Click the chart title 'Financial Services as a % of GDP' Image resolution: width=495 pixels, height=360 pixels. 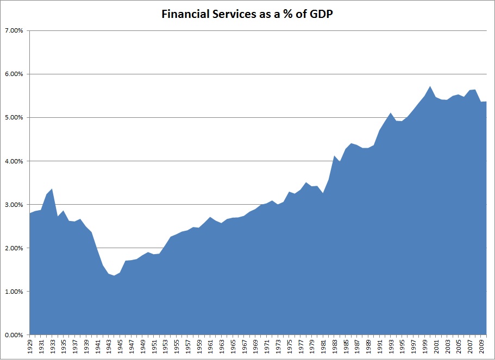coord(247,15)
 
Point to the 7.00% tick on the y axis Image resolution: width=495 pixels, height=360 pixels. coord(13,30)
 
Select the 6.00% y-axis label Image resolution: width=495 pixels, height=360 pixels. coord(13,74)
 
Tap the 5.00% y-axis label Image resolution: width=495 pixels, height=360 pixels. coord(13,117)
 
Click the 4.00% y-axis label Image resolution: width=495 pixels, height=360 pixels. coord(13,161)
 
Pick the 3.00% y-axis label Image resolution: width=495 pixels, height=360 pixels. coord(13,205)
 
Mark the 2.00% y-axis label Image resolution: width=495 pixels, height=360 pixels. coord(13,248)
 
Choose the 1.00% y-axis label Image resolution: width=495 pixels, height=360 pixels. coord(13,292)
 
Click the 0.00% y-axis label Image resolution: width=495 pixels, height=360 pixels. coord(13,335)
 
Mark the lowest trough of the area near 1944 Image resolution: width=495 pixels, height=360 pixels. coord(114,276)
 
